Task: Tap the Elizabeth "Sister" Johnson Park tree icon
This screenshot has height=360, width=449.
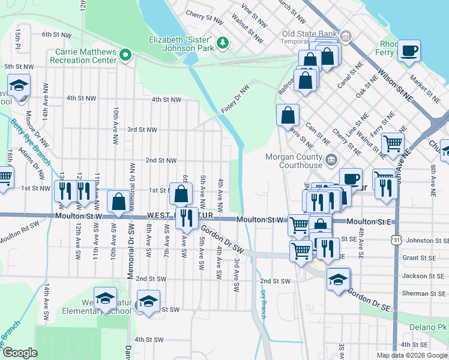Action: (x=223, y=42)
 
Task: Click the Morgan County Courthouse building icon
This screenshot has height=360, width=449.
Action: (x=332, y=160)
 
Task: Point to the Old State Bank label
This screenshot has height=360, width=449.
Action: (x=306, y=34)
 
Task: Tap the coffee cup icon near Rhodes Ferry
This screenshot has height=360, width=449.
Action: (x=410, y=50)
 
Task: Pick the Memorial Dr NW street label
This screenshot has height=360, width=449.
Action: (x=131, y=180)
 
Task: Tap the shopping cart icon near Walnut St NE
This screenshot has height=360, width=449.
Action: (x=393, y=143)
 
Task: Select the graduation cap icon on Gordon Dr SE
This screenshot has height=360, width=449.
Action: (x=338, y=279)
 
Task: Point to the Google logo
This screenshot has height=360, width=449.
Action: (x=20, y=353)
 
